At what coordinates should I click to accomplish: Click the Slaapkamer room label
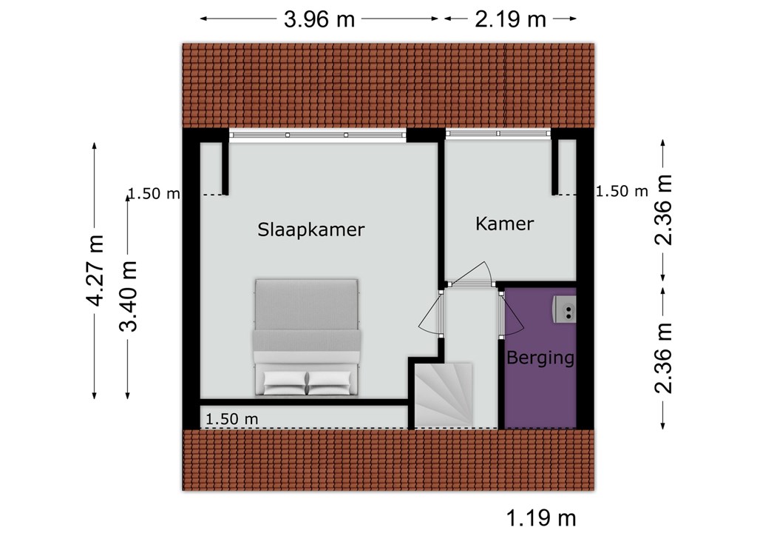coord(310,230)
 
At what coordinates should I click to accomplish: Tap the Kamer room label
coord(504,224)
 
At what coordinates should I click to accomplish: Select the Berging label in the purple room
coord(540,358)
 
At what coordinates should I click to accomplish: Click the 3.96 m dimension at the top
coord(319,20)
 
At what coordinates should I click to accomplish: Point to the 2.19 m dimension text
coord(510,20)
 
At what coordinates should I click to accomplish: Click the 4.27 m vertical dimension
coord(95,271)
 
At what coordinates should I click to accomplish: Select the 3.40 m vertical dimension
coord(128,296)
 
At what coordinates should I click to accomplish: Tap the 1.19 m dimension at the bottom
coord(540,518)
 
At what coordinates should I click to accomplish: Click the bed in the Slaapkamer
coord(307,337)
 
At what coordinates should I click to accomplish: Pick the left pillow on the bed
coord(285,382)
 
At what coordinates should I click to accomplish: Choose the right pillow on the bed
coord(329,382)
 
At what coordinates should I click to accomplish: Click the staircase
coord(444,395)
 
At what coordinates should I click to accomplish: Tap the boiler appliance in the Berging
coord(564,309)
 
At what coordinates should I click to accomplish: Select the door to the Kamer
coord(471,275)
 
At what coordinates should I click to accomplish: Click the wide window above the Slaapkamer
coord(317,135)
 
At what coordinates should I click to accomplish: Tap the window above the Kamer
coord(498,133)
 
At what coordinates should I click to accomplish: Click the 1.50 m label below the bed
coord(231,419)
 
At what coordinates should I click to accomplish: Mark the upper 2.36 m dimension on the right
coord(663,210)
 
